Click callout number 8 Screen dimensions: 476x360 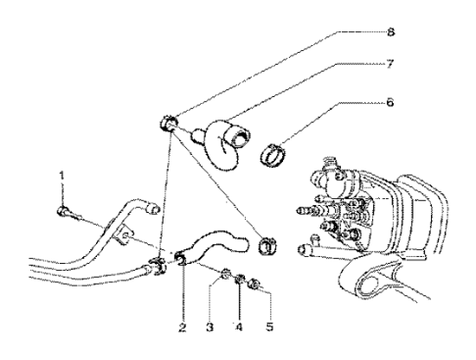[390, 32]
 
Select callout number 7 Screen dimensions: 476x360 [390, 64]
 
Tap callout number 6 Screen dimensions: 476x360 [390, 102]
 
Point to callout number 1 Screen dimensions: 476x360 [62, 175]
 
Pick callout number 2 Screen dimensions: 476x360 [183, 327]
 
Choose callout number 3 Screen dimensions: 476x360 [209, 327]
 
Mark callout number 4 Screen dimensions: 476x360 [239, 327]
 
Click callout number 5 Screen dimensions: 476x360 [270, 327]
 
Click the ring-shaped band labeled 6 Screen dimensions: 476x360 [273, 156]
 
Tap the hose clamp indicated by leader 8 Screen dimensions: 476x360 [168, 124]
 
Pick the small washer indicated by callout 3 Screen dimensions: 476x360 [224, 274]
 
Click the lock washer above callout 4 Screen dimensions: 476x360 [239, 280]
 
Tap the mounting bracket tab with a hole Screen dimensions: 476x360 [124, 235]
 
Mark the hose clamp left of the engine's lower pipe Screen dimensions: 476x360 [267, 246]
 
